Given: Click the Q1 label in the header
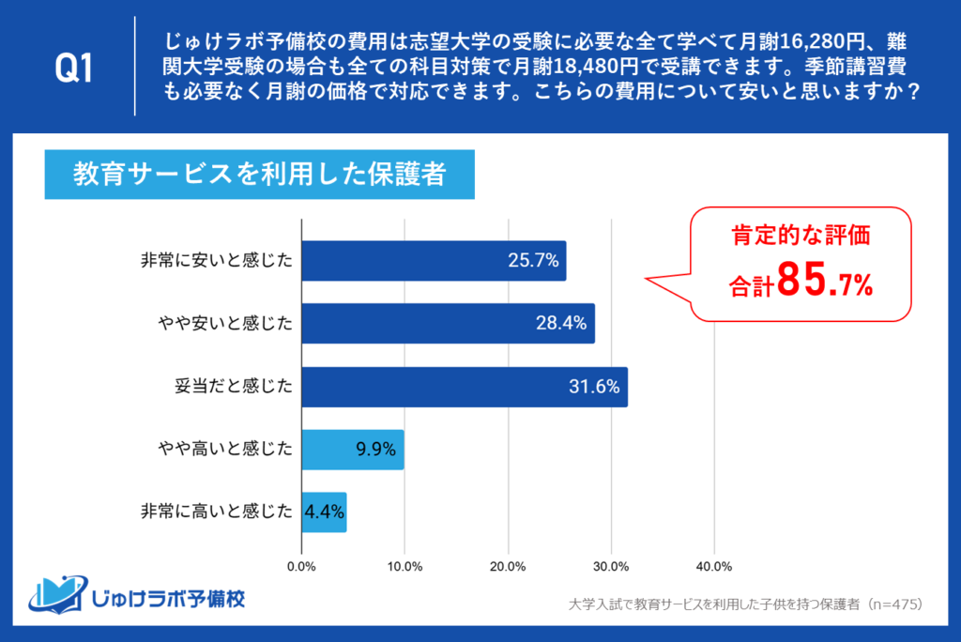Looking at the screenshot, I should click(x=74, y=69).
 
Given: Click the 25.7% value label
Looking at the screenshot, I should click(x=533, y=261).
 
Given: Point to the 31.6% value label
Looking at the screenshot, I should click(x=595, y=387).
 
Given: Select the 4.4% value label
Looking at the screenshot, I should click(x=325, y=512).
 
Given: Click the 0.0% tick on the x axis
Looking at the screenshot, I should click(x=301, y=567).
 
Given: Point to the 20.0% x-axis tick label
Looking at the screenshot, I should click(x=508, y=567).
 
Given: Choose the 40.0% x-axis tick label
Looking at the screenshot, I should click(x=714, y=567).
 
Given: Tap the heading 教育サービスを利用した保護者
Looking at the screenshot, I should click(x=259, y=176).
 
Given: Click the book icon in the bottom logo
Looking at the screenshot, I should click(x=58, y=594).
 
